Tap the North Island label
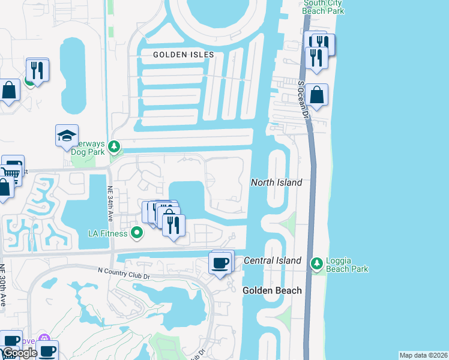pyautogui.click(x=276, y=182)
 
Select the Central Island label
pyautogui.click(x=272, y=260)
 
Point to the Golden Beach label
pyautogui.click(x=272, y=290)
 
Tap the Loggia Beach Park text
pyautogui.click(x=347, y=265)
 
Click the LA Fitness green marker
pyautogui.click(x=137, y=232)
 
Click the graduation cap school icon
pyautogui.click(x=67, y=136)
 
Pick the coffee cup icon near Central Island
pyautogui.click(x=220, y=262)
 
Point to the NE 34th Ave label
pyautogui.click(x=110, y=203)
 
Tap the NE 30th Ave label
pyautogui.click(x=3, y=285)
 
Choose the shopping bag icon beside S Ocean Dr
pyautogui.click(x=316, y=95)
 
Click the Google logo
pyautogui.click(x=20, y=353)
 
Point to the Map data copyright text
pyautogui.click(x=423, y=355)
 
